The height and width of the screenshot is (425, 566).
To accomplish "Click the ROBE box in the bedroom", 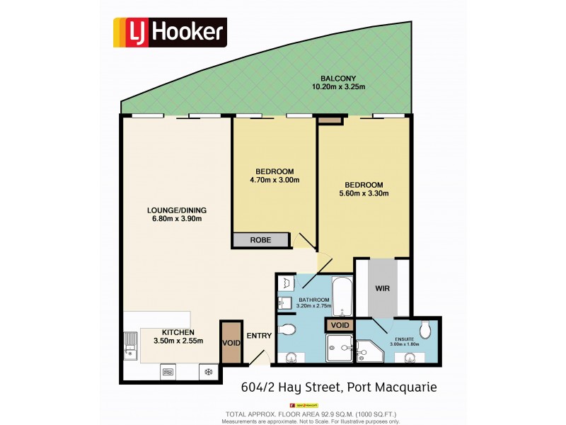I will [261, 240].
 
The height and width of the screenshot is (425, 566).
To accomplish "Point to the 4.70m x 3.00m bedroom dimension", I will [275, 180].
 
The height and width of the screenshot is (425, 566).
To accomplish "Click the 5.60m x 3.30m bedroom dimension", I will [364, 193].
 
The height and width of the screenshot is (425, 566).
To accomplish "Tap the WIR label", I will [383, 290].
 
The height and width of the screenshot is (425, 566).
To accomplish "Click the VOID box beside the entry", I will [231, 344].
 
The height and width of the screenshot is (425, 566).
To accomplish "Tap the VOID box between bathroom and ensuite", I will [339, 326].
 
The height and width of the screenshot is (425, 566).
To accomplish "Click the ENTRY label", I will [258, 336].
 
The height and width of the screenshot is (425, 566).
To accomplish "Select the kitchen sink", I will [130, 347].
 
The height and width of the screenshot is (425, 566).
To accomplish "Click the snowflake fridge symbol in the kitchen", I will [208, 370].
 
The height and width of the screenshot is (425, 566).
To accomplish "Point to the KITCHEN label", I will [178, 331].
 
